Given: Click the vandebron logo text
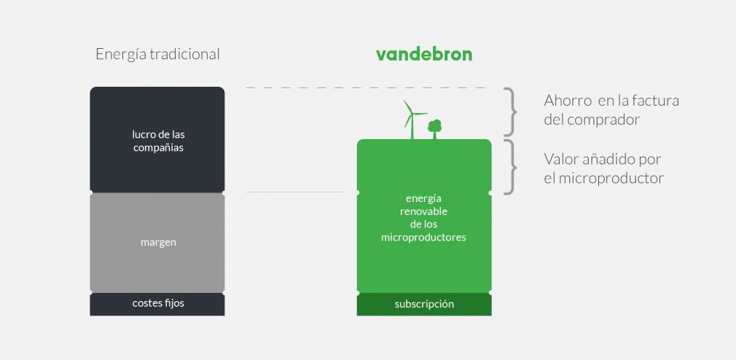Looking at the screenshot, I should tap(423, 54).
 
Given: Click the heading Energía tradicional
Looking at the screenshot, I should tap(157, 55).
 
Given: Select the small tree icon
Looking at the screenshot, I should tap(435, 128).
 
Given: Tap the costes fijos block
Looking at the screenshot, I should tap(157, 304).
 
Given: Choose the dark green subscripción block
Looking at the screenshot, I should tap(424, 305).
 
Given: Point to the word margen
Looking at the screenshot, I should tap(158, 242).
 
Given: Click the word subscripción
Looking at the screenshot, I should tap(424, 304).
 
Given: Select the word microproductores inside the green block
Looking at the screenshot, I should tap(423, 238).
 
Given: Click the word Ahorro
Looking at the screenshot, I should tap(567, 101).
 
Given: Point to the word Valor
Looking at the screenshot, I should tap(560, 159).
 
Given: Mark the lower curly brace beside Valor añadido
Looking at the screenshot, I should tap(512, 167).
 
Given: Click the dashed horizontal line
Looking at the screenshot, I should tap(364, 88).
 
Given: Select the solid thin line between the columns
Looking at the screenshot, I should tap(294, 192).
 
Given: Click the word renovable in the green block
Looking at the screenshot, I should tap(423, 211).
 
